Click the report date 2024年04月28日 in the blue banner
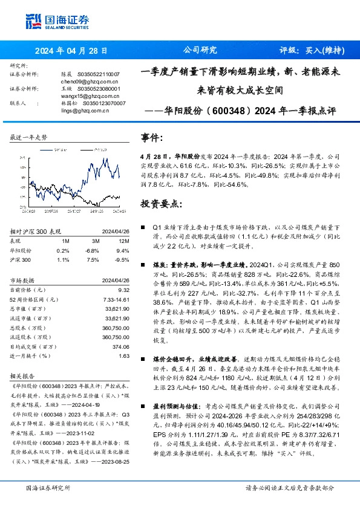pyautogui.click(x=71, y=51)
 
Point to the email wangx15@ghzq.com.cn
pyautogui.click(x=81, y=96)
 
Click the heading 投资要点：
pyautogui.click(x=160, y=204)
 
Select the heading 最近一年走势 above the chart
pyautogui.click(x=28, y=138)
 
